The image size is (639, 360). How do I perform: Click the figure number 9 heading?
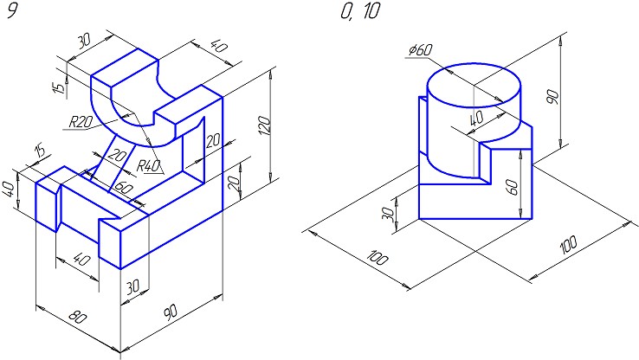(12, 12)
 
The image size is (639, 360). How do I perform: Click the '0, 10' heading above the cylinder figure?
(359, 12)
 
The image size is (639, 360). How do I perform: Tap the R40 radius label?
(150, 166)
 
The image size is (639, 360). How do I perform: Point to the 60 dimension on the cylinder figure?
(513, 187)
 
